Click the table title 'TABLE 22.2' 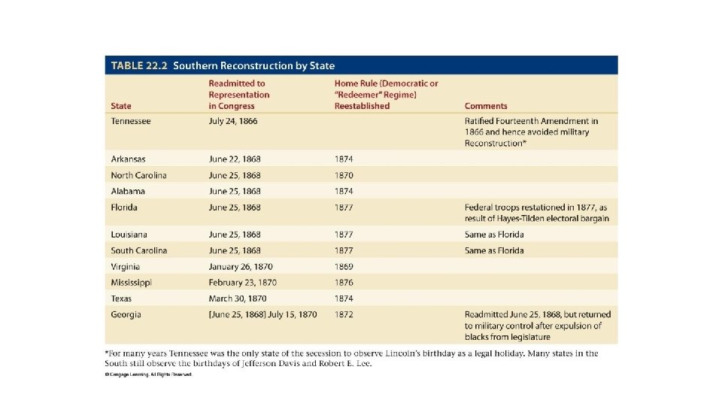click(139, 65)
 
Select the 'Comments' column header click(485, 106)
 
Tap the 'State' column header click(121, 106)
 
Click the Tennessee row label click(131, 121)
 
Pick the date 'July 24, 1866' click(232, 121)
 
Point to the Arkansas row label click(129, 159)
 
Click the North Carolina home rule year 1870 click(344, 175)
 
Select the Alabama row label click(128, 191)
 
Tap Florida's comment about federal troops click(536, 213)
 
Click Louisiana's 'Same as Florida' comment click(494, 235)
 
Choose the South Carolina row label click(139, 250)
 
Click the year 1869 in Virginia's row click(344, 267)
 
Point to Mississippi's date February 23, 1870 click(242, 283)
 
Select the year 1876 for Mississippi click(344, 283)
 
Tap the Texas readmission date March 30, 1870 click(236, 298)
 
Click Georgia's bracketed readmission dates click(262, 314)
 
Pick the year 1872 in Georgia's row click(344, 314)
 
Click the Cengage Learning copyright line click(149, 374)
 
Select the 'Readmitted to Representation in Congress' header click(239, 95)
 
